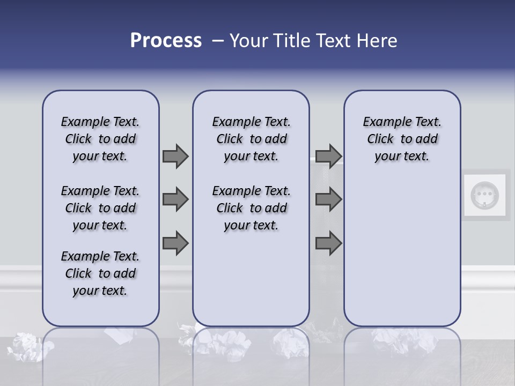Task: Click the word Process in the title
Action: pyautogui.click(x=166, y=41)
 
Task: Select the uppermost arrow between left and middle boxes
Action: pyautogui.click(x=175, y=156)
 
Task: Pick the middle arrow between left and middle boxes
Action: pyautogui.click(x=175, y=199)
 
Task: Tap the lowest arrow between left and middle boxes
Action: pyautogui.click(x=175, y=243)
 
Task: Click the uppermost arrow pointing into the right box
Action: pyautogui.click(x=328, y=156)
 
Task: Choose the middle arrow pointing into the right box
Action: pyautogui.click(x=328, y=199)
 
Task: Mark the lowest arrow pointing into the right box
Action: pyautogui.click(x=328, y=243)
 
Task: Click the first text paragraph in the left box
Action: pyautogui.click(x=100, y=139)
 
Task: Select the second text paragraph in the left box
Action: pyautogui.click(x=100, y=208)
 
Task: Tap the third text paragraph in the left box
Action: pyautogui.click(x=100, y=273)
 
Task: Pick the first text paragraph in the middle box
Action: pyautogui.click(x=251, y=139)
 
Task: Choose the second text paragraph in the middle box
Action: pyautogui.click(x=251, y=208)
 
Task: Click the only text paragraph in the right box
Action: pyautogui.click(x=402, y=139)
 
